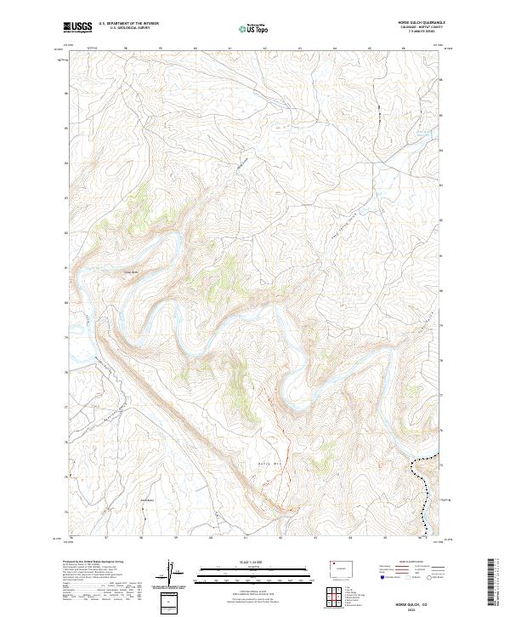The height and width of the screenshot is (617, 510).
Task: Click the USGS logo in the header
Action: click(x=78, y=27)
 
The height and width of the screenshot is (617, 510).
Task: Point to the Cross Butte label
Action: click(x=131, y=273)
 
